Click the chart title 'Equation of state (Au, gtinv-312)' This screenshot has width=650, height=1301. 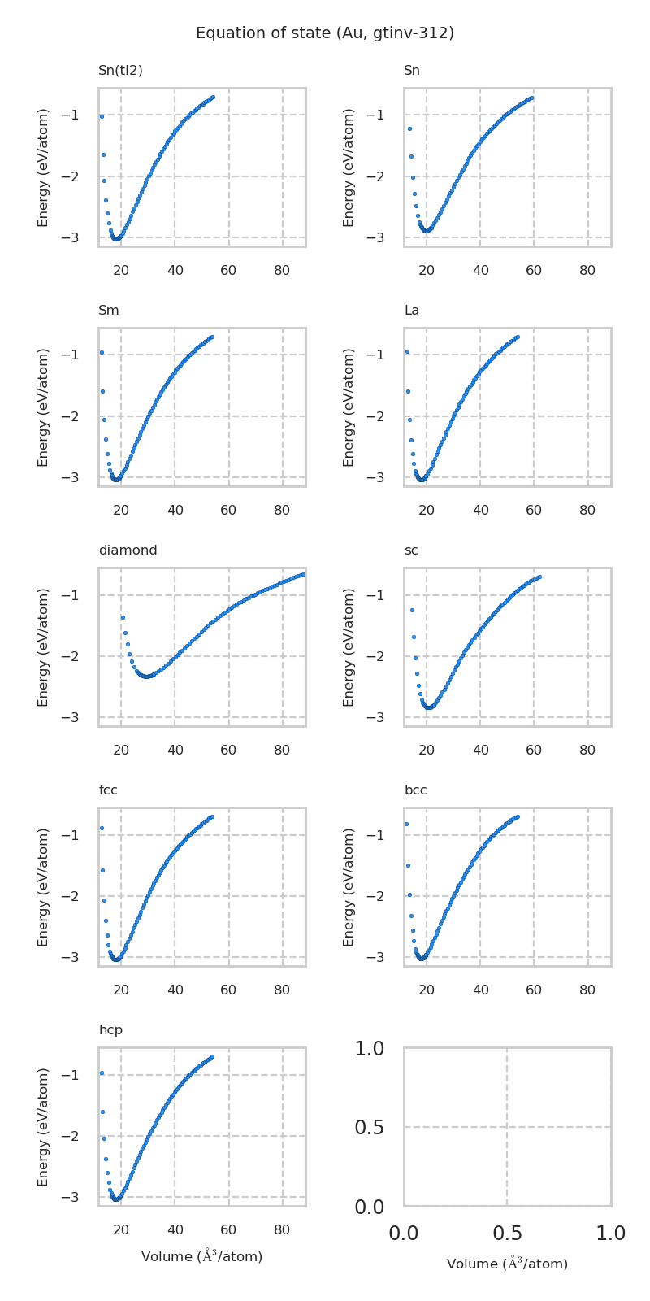325,33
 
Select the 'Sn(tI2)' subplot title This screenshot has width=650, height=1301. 120,71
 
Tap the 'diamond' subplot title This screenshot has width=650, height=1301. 128,550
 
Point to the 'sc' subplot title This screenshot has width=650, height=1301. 411,550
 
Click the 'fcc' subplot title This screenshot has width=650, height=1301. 108,790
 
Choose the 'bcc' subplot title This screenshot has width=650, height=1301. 415,790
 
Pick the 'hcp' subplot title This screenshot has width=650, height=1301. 110,1030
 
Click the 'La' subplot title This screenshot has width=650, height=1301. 411,311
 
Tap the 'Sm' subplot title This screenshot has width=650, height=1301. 109,311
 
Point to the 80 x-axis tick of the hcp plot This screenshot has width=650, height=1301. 282,1229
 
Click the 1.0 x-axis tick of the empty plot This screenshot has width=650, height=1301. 610,1234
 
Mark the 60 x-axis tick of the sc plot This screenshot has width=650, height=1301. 534,749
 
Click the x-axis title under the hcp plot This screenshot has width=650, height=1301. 201,1257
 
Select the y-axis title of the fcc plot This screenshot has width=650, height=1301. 44,887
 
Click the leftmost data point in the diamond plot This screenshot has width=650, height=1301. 123,617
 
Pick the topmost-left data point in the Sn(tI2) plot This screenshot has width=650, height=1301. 102,116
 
